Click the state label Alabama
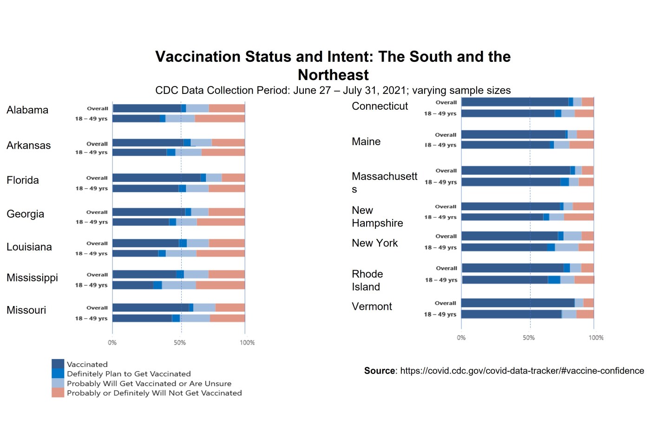coord(27,110)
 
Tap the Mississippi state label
coord(32,278)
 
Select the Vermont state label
coord(372,306)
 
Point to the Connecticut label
coord(380,106)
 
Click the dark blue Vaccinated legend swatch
coord(58,364)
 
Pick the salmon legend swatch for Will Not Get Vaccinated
coord(58,393)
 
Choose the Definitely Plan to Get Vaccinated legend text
coord(129,374)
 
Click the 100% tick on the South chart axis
coord(247,343)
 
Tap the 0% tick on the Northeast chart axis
coord(461,338)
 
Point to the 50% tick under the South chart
coord(180,343)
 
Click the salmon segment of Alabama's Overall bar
coord(227,108)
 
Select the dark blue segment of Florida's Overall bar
coord(156,178)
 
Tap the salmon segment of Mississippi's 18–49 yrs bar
coord(220,285)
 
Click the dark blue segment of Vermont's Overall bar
coord(518,303)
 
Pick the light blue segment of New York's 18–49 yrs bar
coord(566,247)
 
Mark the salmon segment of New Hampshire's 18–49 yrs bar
coord(578,217)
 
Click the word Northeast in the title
coord(333,75)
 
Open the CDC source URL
coord(522,371)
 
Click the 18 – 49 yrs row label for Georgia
coord(92,222)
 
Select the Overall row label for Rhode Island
coord(446,268)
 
